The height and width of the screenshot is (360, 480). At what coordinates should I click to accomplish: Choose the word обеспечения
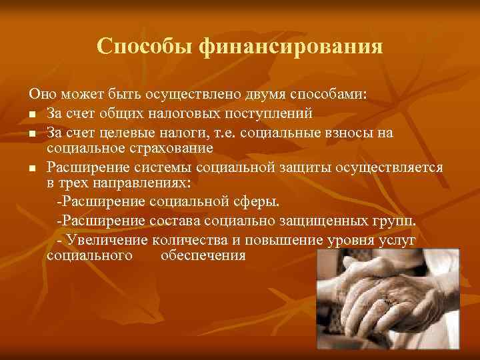[x=203, y=255]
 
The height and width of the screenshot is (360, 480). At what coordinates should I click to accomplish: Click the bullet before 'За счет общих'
[x=32, y=114]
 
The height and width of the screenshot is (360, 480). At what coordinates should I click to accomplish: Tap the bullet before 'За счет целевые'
[x=32, y=133]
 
